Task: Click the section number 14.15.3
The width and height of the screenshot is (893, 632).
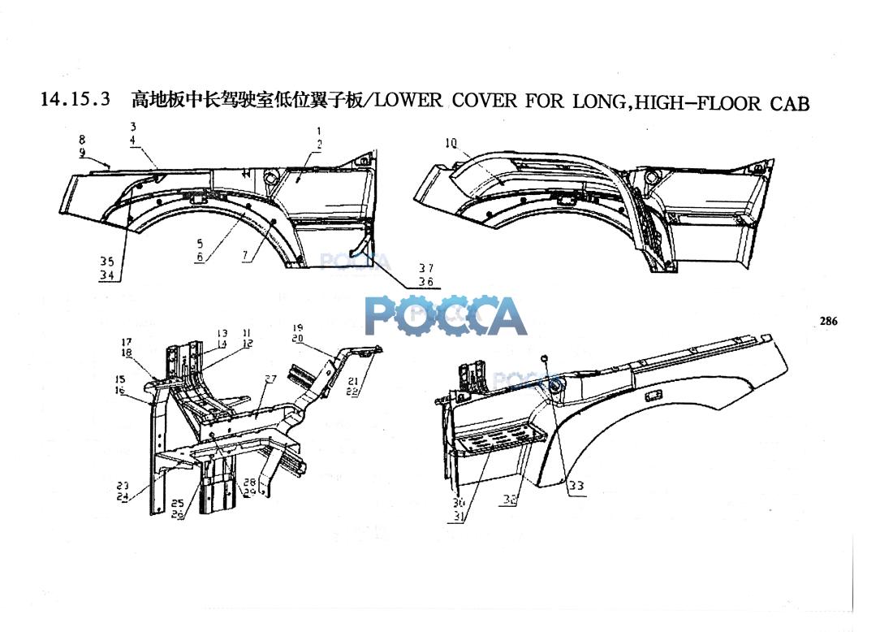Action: point(75,101)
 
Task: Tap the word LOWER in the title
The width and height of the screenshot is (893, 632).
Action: point(409,101)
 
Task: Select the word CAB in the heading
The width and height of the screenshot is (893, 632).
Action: point(789,103)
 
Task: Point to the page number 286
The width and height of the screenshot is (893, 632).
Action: point(828,322)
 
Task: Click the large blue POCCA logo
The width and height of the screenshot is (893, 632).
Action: point(446,315)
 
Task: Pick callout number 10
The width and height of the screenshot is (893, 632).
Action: point(451,144)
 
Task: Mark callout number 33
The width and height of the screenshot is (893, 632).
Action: point(576,486)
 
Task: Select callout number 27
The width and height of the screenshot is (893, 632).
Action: point(270,379)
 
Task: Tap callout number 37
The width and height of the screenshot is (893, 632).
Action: point(426,268)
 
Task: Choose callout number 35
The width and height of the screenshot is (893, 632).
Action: point(107,262)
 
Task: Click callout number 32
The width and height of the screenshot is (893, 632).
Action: point(509,500)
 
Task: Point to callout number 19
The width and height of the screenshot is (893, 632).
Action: point(297,327)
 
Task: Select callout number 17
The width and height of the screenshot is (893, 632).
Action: point(127,342)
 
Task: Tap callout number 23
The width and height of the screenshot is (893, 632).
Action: point(123,486)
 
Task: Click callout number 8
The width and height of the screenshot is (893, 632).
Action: point(82,140)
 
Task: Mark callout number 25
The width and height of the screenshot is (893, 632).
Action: point(177,504)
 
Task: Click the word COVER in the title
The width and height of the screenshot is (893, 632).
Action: point(485,101)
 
